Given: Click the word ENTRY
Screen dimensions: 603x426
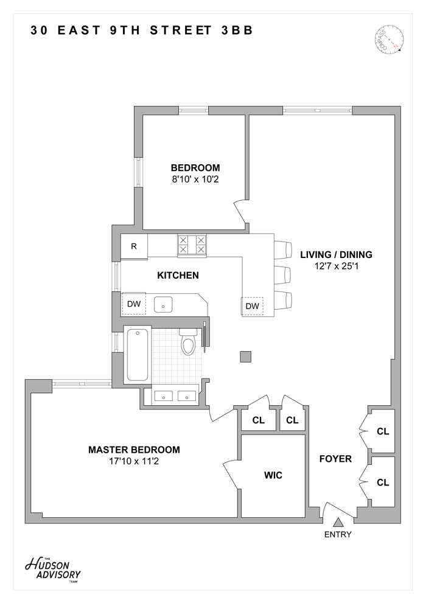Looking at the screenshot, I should pos(338,535).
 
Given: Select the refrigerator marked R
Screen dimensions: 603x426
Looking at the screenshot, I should pos(134,246).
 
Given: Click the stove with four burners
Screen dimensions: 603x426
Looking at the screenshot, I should pos(192,245).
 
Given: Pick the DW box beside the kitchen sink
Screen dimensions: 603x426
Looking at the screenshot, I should pos(133,304).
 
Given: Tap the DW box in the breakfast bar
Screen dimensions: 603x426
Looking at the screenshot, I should pos(252,306).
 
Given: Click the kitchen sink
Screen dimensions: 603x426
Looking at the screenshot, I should pos(163,304).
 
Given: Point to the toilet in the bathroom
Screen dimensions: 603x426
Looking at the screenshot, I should pos(188,344).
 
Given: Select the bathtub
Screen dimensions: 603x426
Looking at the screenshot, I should pos(137,354).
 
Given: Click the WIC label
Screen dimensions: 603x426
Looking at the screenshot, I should pos(273,475).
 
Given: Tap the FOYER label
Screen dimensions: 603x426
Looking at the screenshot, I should pos(335,459).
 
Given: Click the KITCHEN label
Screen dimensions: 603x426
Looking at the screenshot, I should pos(178,275).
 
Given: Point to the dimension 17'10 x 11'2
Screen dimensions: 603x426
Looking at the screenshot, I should pos(134,461).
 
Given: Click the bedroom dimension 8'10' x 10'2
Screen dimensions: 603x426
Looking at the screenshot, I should pos(195,180).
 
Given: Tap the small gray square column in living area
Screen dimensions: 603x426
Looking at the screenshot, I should pos(245,357).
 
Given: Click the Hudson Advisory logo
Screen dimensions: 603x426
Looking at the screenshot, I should pos(52,568).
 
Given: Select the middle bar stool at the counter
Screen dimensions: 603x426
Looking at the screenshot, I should pos(283,275).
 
